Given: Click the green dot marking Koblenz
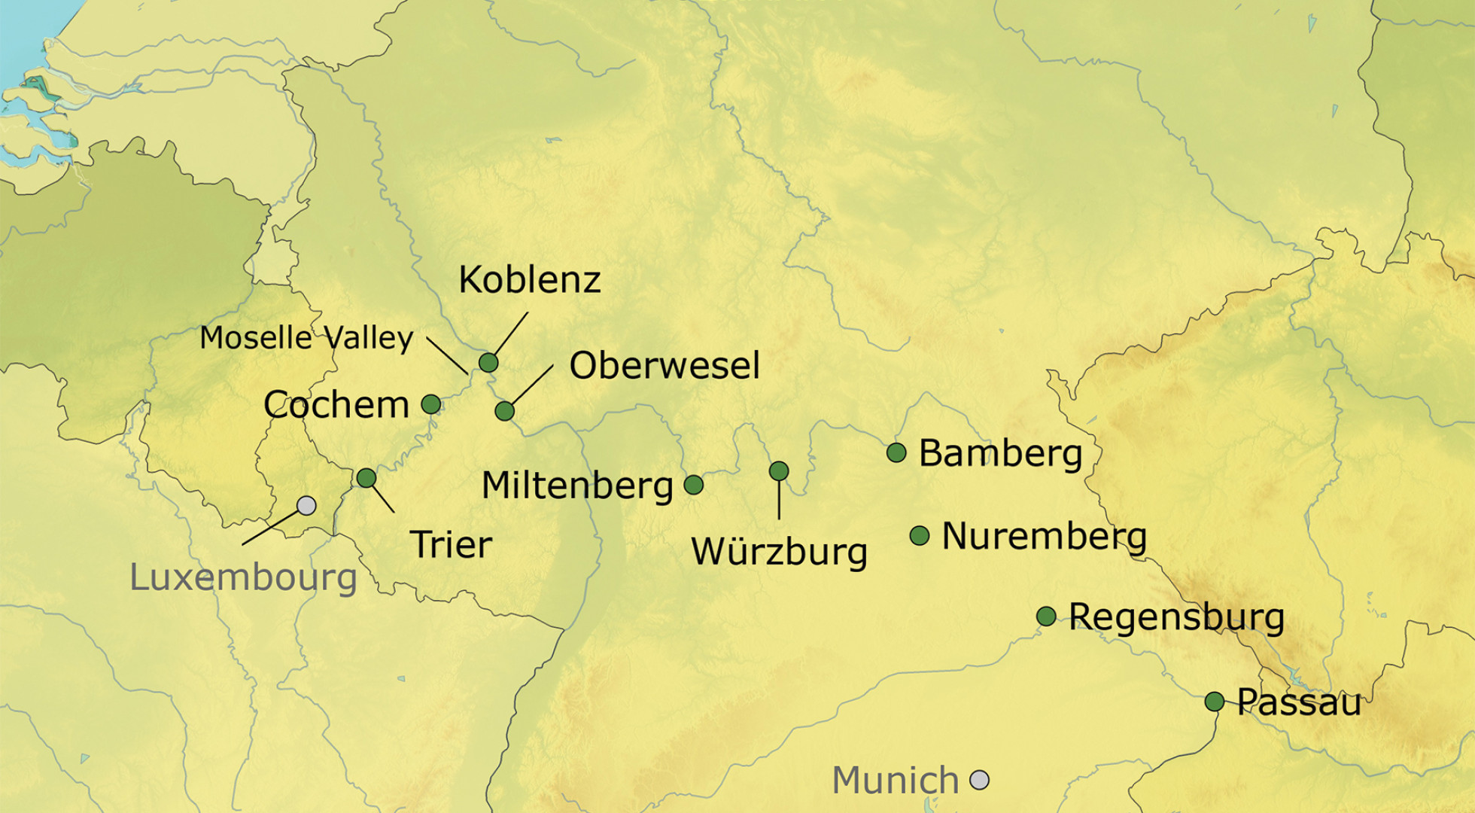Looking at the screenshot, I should tap(488, 363).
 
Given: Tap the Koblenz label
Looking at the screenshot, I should tap(530, 280).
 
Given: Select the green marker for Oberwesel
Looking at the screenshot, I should tap(505, 411).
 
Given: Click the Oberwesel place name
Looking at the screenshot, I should tap(665, 366).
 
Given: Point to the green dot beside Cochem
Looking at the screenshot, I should tap(431, 404).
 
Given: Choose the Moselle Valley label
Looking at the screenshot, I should tap(306, 338).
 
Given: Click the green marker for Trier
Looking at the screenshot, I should tap(366, 477).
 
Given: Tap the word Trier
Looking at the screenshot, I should tap(452, 544).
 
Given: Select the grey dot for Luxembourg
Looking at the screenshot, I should tap(306, 505).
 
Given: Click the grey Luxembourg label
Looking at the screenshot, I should tap(243, 577).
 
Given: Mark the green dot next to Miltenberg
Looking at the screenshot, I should tap(694, 485).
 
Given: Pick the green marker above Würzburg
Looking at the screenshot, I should tap(779, 471).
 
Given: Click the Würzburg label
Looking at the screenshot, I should tap(779, 552).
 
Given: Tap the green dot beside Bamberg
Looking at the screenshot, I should tap(896, 452).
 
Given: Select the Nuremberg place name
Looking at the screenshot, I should tap(1045, 537).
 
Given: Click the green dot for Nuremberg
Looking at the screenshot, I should tap(920, 535).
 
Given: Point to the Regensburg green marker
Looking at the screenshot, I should tap(1046, 617).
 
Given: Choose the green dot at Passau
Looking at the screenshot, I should tap(1215, 702).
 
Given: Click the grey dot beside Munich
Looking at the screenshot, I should tap(979, 780).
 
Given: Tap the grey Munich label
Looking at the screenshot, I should tap(896, 780).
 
